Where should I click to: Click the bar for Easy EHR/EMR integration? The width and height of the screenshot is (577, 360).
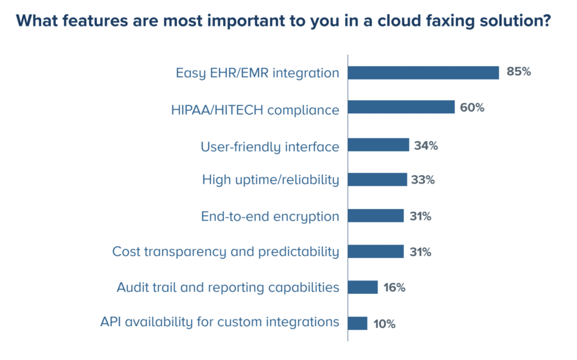(x=423, y=73)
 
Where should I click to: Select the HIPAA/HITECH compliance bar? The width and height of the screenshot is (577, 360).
(x=401, y=107)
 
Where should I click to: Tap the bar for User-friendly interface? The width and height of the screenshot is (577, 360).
(x=378, y=145)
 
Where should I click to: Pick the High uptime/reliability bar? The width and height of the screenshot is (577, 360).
(x=377, y=179)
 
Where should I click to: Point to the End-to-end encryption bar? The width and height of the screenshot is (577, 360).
(x=376, y=216)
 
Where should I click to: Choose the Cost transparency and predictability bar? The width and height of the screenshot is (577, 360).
(x=376, y=251)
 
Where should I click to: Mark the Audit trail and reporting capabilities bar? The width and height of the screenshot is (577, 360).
(x=363, y=287)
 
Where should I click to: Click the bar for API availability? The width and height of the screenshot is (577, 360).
(x=358, y=323)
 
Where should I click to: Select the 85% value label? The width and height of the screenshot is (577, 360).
(x=518, y=72)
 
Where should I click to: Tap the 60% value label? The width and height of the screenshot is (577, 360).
(x=472, y=108)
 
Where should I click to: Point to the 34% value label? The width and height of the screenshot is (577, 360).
(x=425, y=145)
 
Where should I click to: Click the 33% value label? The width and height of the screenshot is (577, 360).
(x=423, y=180)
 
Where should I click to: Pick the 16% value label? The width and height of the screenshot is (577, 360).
(x=394, y=288)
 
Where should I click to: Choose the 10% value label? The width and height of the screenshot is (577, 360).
(x=384, y=324)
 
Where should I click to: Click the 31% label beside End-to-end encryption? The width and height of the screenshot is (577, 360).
(x=420, y=216)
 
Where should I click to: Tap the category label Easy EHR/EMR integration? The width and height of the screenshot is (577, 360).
(x=258, y=73)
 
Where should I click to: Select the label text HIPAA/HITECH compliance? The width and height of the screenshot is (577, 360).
(x=255, y=110)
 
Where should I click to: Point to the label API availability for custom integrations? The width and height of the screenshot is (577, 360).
(x=220, y=322)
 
